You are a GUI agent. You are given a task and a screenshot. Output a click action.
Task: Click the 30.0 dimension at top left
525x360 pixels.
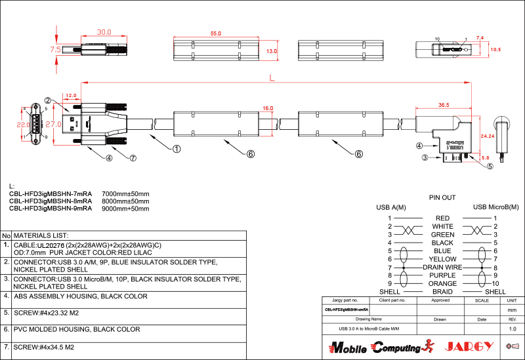(104, 31)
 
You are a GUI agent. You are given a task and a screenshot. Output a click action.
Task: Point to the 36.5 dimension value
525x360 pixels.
(444, 105)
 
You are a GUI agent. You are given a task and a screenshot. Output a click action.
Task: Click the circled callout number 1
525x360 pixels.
(177, 149)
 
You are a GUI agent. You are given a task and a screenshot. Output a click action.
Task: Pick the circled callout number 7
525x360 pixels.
(133, 158)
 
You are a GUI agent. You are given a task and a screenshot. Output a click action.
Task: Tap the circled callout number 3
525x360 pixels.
(425, 158)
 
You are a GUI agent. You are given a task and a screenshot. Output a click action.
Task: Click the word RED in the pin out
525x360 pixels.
(442, 218)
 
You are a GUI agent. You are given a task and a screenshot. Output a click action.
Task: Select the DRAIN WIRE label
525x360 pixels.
(442, 268)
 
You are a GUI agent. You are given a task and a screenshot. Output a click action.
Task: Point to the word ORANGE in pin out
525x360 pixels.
(442, 284)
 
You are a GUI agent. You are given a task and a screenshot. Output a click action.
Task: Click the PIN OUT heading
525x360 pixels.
(442, 197)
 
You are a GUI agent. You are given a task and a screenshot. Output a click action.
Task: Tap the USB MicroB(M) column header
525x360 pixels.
(495, 207)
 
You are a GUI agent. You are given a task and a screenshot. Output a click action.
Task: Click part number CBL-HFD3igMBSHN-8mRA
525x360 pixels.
(51, 201)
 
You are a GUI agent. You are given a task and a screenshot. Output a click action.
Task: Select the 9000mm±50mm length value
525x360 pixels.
(126, 209)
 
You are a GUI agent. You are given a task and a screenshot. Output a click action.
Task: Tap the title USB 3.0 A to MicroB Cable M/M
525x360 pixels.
(368, 328)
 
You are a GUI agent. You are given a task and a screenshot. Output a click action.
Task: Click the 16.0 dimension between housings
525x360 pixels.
(267, 108)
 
